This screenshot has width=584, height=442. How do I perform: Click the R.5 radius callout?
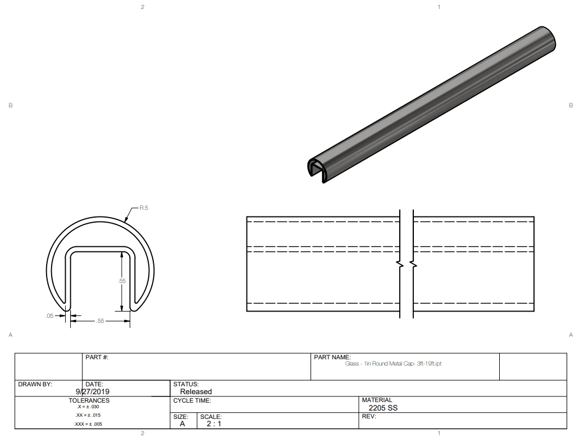[144, 208]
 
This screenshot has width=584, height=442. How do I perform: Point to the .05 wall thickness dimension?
[49, 315]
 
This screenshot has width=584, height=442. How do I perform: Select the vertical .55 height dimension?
[122, 281]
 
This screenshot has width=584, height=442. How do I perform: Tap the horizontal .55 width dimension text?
[100, 321]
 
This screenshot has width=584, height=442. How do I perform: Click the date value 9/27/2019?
[92, 391]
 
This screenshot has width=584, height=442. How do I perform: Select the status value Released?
[196, 391]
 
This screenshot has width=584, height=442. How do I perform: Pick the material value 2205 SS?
[383, 408]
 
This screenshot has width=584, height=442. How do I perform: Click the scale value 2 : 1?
[214, 423]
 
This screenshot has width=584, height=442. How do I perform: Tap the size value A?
[182, 423]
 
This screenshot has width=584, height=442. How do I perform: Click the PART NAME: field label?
[332, 357]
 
